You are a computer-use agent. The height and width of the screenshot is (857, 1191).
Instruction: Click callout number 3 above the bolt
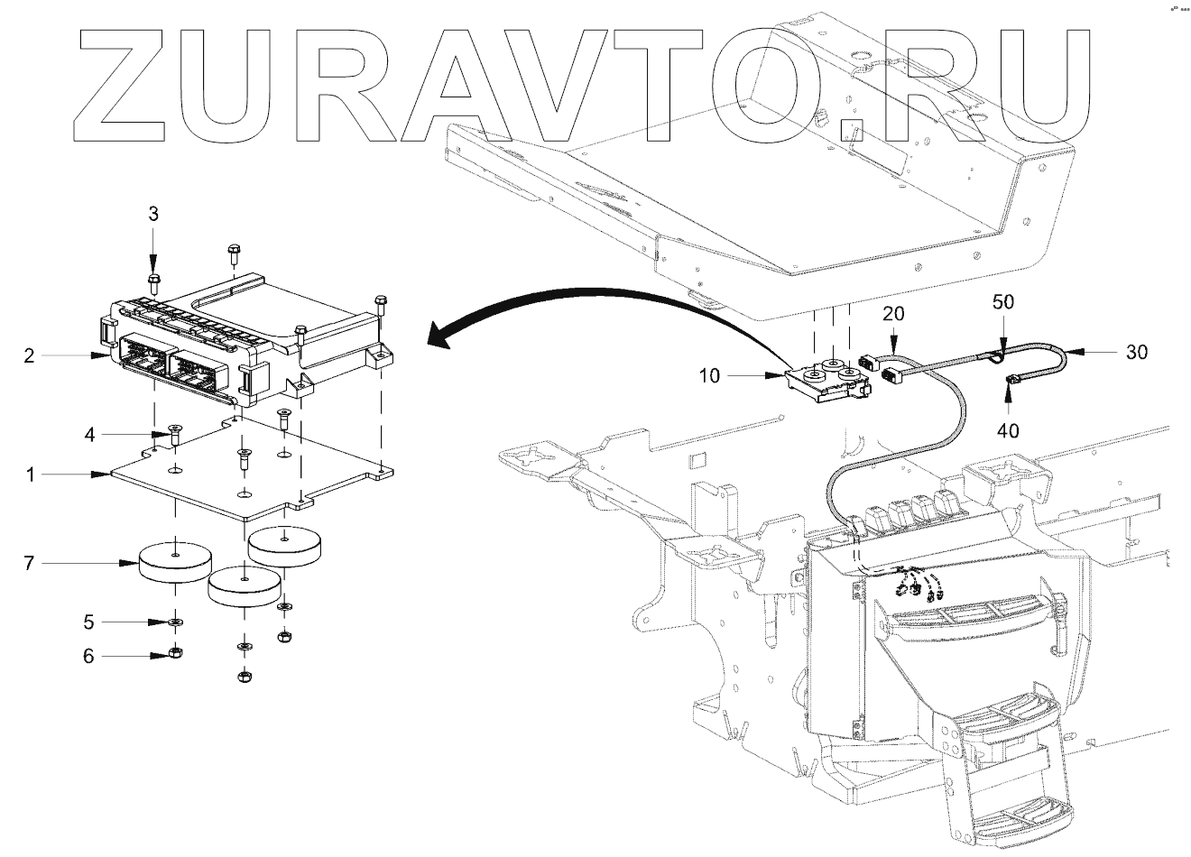pos(153,214)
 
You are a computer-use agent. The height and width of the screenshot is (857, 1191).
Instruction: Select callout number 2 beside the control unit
pos(30,355)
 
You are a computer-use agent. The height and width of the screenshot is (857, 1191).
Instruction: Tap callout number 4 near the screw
pos(89,435)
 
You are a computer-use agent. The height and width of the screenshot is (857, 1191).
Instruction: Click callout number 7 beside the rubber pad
pos(30,564)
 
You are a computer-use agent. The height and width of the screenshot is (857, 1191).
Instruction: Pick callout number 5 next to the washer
pos(88,622)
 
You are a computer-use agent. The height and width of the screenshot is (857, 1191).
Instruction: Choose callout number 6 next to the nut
pos(88,656)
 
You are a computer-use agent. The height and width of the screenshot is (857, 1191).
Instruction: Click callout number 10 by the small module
pos(710,374)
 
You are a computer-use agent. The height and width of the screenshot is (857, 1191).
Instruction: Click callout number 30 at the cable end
pos(1137,351)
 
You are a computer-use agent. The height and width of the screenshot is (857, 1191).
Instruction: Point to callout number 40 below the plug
pos(1008,430)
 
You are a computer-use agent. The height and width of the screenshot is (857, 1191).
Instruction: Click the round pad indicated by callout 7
pos(175,564)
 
